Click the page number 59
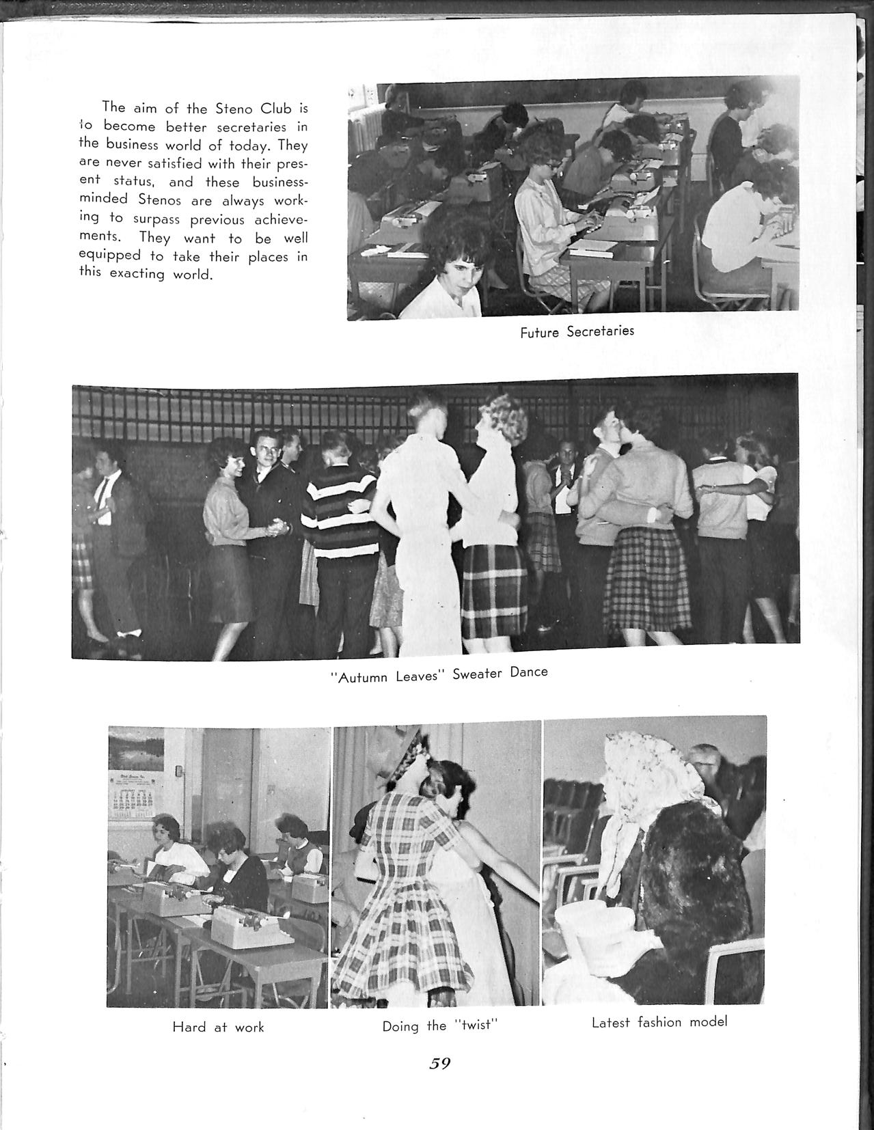[439, 1064]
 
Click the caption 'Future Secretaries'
[577, 331]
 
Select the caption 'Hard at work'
[218, 1027]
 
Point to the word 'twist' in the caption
[472, 1025]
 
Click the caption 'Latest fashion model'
[659, 1022]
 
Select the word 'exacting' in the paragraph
[137, 275]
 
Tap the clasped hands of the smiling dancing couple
[277, 527]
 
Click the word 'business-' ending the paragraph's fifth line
[280, 182]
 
